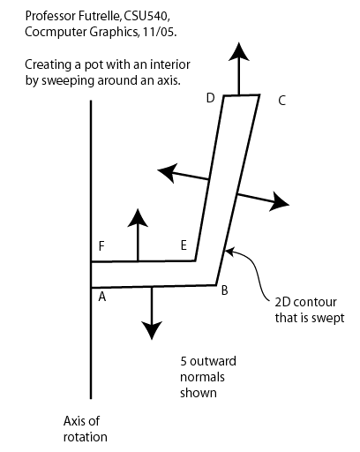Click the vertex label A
102,297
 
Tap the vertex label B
224,290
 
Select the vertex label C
281,101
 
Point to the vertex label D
210,98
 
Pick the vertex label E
184,245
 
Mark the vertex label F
101,246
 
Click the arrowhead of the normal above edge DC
239,52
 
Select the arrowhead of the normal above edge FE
138,218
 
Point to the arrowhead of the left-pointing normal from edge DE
168,173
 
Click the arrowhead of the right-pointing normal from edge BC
279,201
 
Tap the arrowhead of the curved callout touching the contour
229,252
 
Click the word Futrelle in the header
98,16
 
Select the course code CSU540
146,17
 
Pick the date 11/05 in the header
160,32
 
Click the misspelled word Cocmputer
55,33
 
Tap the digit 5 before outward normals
184,361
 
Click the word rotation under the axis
86,437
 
